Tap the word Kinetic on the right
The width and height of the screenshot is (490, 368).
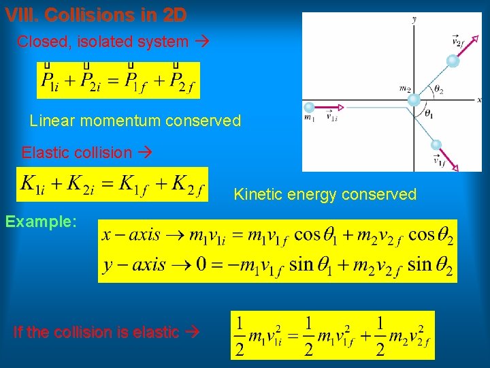click(259, 194)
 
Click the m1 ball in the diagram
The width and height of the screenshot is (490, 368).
click(310, 108)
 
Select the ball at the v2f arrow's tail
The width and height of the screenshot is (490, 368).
click(453, 61)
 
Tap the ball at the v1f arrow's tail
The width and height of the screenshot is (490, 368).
click(436, 144)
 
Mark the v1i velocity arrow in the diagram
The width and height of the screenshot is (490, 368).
click(332, 108)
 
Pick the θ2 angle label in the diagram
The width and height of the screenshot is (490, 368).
click(439, 90)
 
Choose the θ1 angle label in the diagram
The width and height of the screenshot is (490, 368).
click(429, 114)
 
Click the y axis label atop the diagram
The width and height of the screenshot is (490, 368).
click(414, 20)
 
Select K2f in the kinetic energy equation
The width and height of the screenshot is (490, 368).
click(188, 185)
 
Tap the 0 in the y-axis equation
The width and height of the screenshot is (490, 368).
click(201, 264)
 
